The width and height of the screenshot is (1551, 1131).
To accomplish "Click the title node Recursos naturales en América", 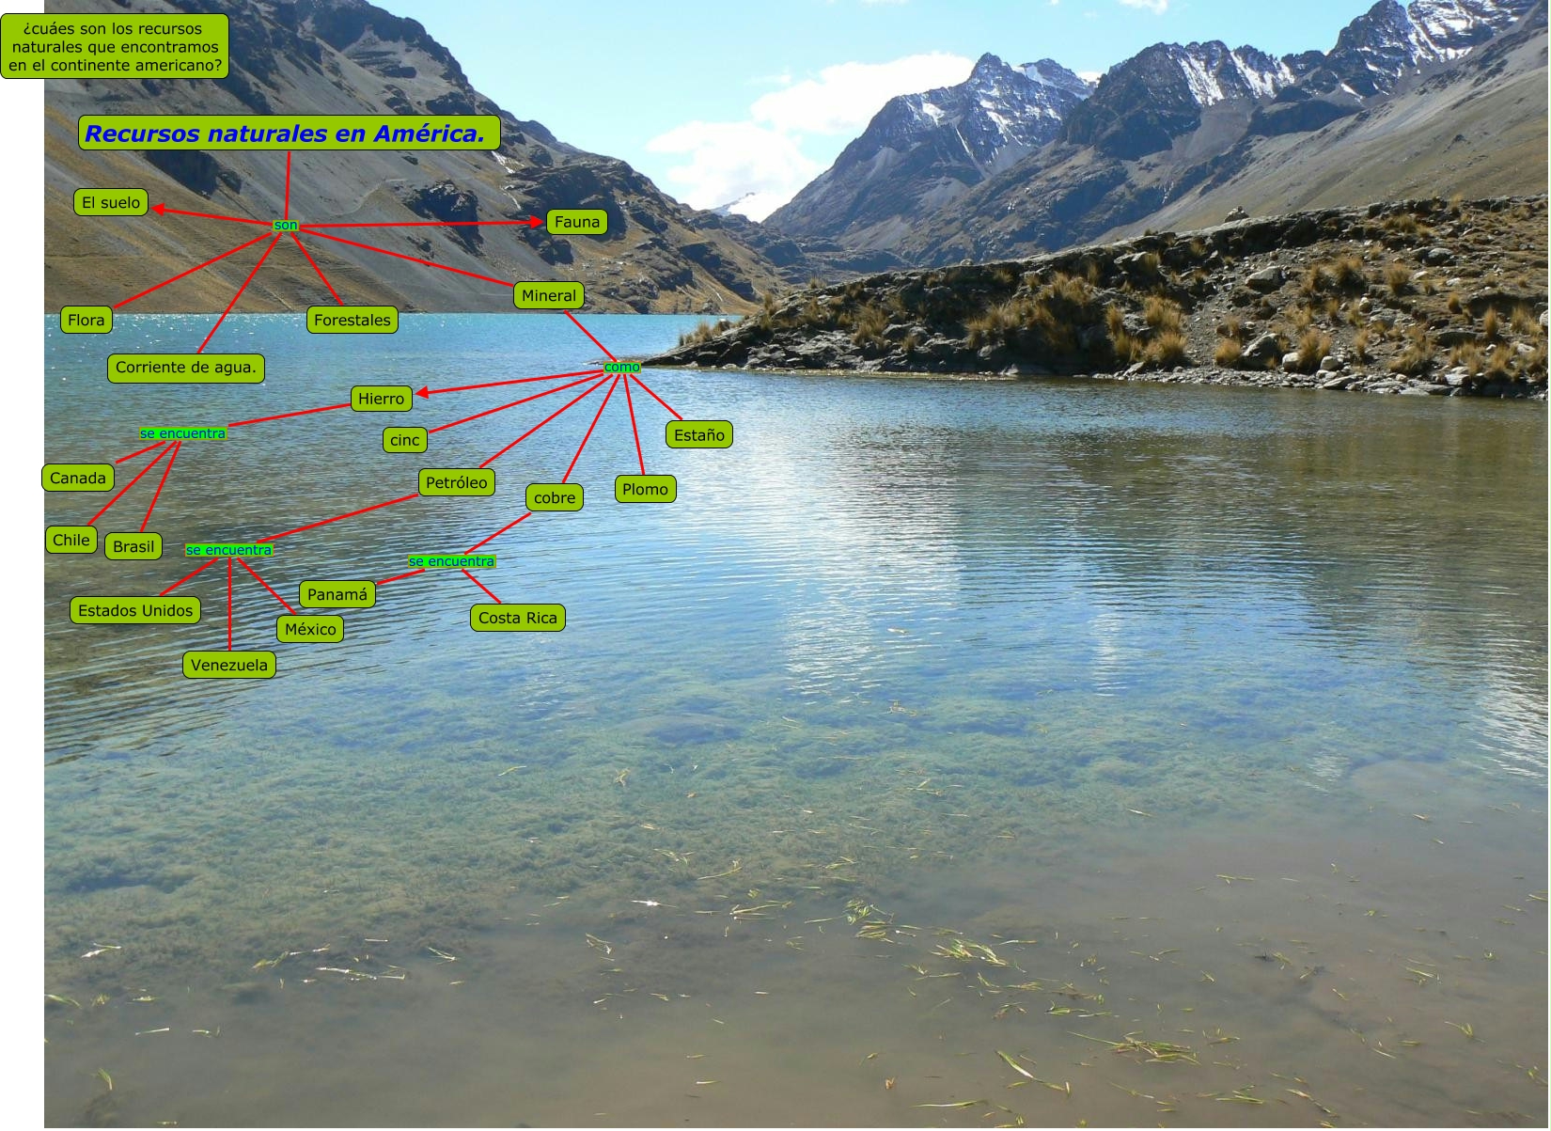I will pyautogui.click(x=289, y=134).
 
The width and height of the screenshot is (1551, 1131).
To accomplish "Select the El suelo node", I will pyautogui.click(x=111, y=202).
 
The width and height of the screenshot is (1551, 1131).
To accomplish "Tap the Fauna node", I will pyautogui.click(x=576, y=222).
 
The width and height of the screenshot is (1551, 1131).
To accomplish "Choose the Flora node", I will pyautogui.click(x=86, y=321).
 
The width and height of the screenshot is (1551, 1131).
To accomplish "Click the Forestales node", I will pyautogui.click(x=352, y=321).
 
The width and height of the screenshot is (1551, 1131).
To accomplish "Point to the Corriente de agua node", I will pyautogui.click(x=185, y=368).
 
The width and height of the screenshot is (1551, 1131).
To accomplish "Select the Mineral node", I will pyautogui.click(x=549, y=296).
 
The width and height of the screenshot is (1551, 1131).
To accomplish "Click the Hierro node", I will pyautogui.click(x=381, y=399).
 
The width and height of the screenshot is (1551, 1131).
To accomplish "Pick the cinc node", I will pyautogui.click(x=404, y=440).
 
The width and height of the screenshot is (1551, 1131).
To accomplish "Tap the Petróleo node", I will pyautogui.click(x=456, y=483).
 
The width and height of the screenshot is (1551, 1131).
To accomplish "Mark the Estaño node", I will pyautogui.click(x=699, y=435).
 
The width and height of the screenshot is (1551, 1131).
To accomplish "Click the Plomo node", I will pyautogui.click(x=645, y=489).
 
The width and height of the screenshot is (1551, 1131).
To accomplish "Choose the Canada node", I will pyautogui.click(x=78, y=479).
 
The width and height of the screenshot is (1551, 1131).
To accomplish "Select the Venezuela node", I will pyautogui.click(x=229, y=666).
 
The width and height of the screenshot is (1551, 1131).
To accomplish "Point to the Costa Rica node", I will pyautogui.click(x=518, y=619).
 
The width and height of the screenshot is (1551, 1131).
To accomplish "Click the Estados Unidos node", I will pyautogui.click(x=135, y=611).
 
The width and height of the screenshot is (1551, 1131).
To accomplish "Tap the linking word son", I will pyautogui.click(x=285, y=226).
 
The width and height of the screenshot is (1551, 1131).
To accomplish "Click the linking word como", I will pyautogui.click(x=621, y=368).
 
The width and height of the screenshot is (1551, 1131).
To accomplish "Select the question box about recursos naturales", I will pyautogui.click(x=115, y=47).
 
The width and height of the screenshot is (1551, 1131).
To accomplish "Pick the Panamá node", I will pyautogui.click(x=337, y=595).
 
